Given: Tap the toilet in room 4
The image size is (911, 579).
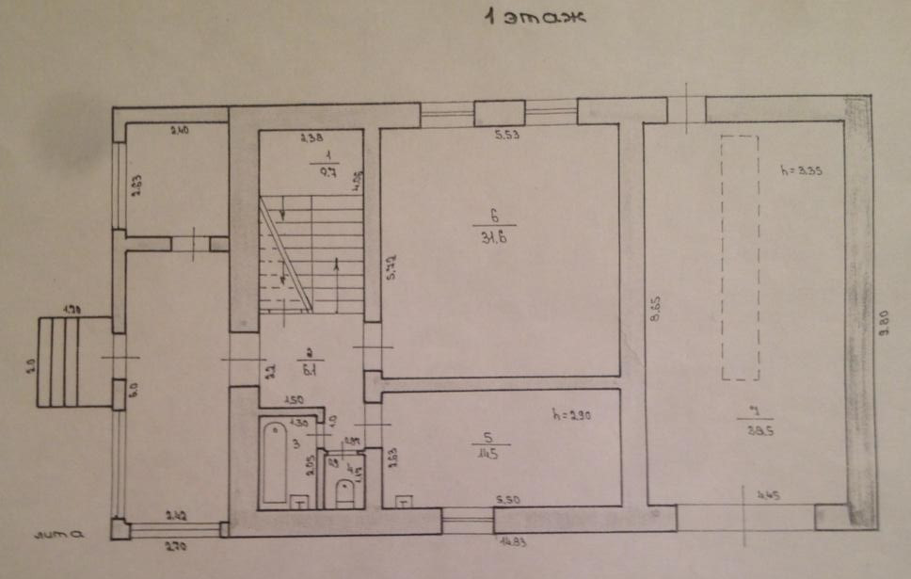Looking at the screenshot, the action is (344, 491).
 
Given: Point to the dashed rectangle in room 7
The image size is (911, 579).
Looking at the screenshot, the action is (740, 257).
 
